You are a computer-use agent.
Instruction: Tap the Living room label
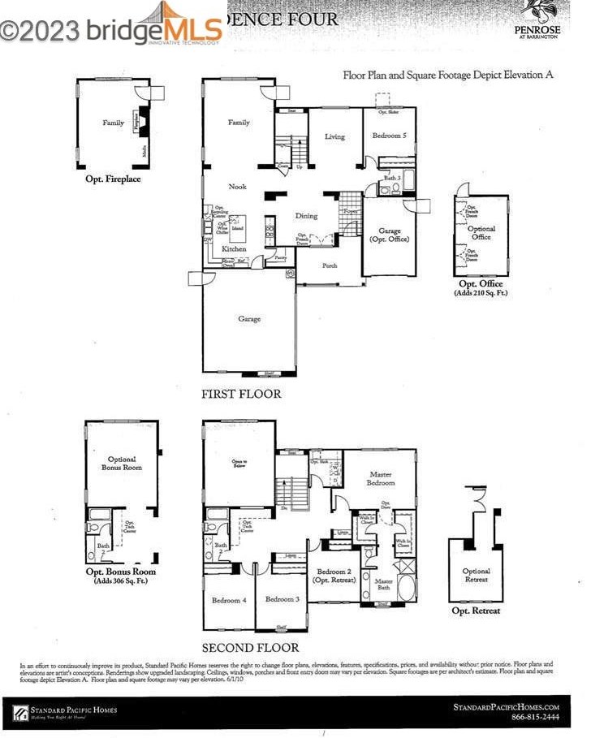tap(334, 137)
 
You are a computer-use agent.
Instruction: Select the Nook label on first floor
tap(237, 187)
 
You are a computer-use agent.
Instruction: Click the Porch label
tap(330, 265)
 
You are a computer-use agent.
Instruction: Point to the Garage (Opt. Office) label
tap(390, 235)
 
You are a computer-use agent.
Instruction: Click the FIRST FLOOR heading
tap(241, 394)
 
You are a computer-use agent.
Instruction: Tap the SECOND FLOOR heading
tap(250, 647)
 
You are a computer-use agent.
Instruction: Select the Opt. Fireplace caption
tap(113, 178)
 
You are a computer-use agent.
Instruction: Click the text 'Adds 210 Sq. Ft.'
tap(481, 292)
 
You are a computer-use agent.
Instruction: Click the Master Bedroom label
tap(381, 478)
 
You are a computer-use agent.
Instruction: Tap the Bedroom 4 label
tap(228, 600)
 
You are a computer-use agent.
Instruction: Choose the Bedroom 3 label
tap(282, 599)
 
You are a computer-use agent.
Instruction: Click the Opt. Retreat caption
tap(476, 611)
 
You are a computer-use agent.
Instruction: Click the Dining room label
tap(306, 216)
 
